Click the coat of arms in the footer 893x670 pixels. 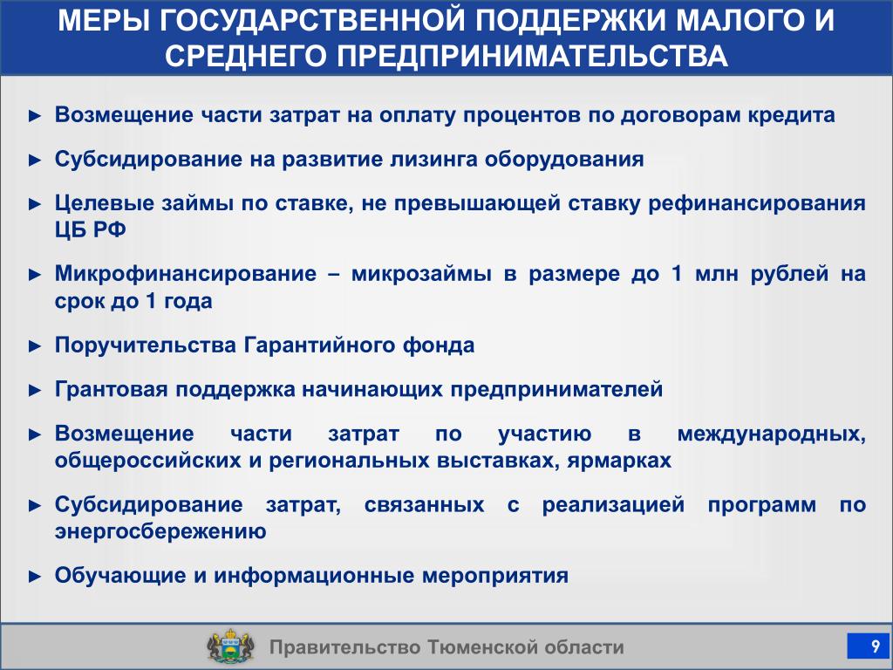tap(229, 646)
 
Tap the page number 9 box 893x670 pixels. tap(868, 646)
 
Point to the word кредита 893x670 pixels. tap(791, 116)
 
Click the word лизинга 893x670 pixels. tap(433, 160)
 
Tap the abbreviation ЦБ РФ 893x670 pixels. tap(90, 229)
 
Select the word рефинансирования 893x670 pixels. tap(757, 204)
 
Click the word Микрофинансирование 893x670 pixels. tap(186, 274)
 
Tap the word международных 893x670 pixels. tap(772, 434)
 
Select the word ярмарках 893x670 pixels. tap(619, 461)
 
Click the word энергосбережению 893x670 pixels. tap(160, 531)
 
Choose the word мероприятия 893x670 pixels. tap(495, 576)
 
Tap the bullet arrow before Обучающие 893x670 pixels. tap(35, 577)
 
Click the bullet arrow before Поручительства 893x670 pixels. tap(35, 346)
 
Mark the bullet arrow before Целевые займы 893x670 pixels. tap(35, 204)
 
